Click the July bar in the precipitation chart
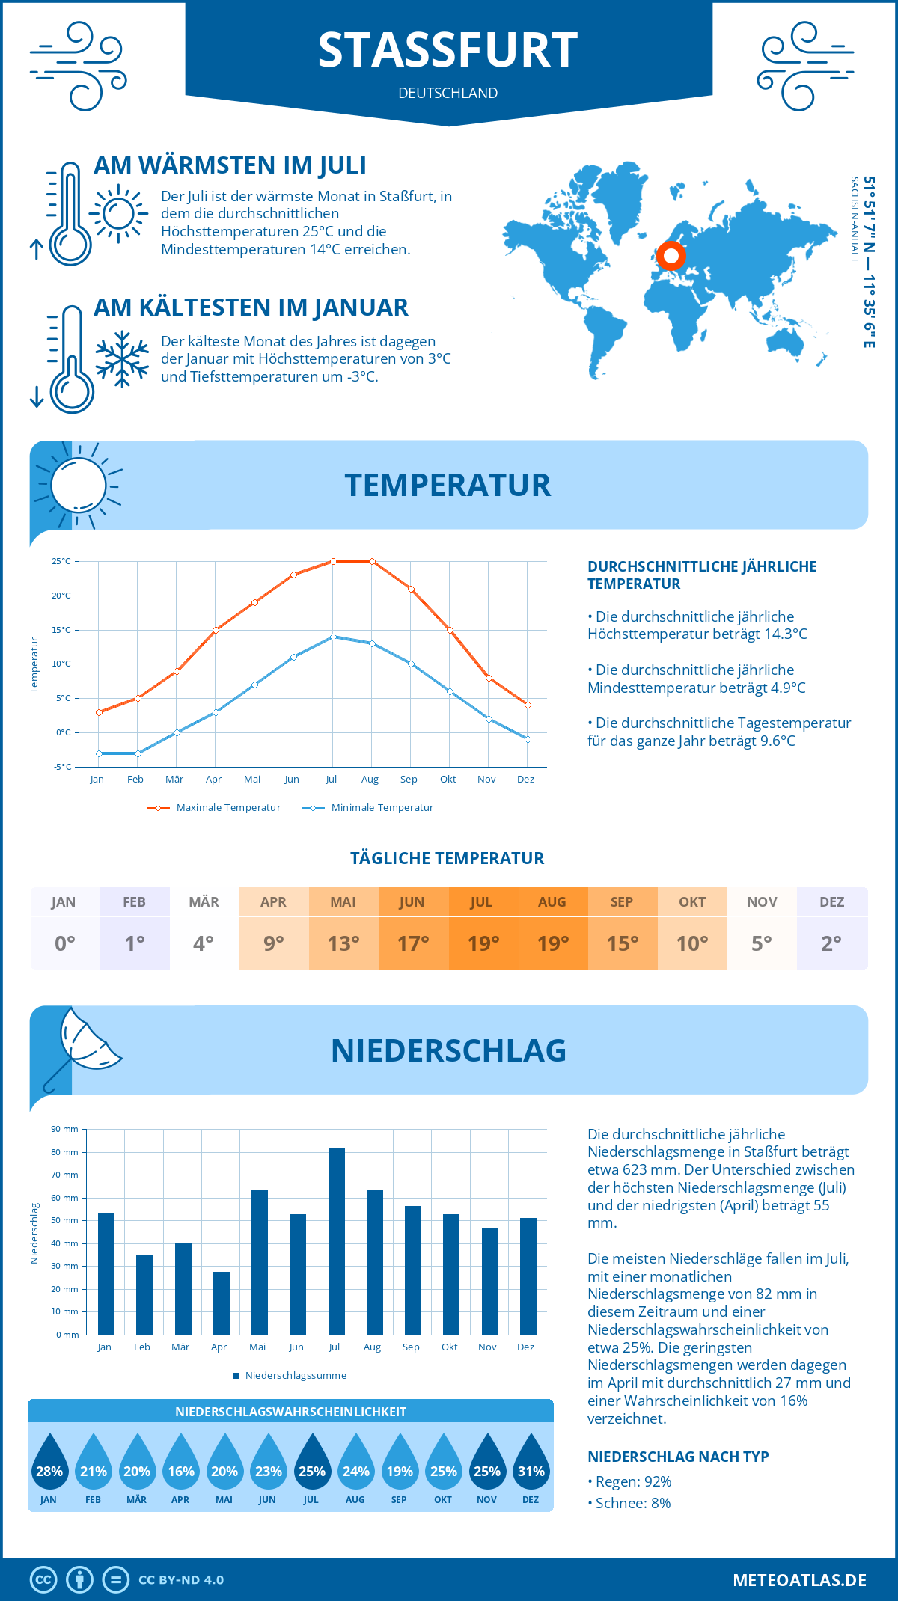(337, 1242)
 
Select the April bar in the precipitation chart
(222, 1303)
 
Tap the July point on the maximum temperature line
(333, 561)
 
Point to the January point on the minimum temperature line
(99, 753)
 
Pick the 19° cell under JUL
(483, 943)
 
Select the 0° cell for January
(64, 943)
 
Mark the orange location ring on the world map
(671, 256)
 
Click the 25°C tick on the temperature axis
(61, 561)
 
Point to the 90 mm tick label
(65, 1129)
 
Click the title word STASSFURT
(448, 50)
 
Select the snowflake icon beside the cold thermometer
(122, 358)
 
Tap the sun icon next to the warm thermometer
(118, 214)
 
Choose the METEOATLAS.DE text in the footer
(799, 1580)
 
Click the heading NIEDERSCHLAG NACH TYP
(678, 1457)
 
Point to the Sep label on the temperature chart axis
(409, 780)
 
